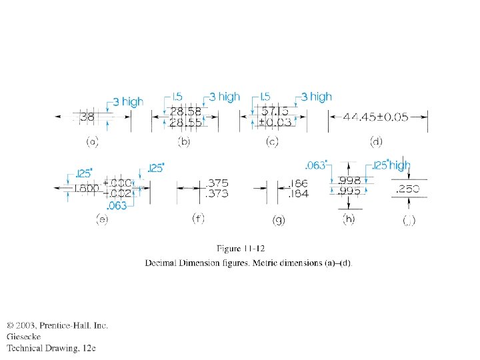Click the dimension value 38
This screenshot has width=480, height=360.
(87, 117)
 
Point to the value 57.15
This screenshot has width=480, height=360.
(275, 111)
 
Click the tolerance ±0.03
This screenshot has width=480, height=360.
(275, 123)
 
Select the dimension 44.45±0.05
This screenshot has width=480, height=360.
(375, 117)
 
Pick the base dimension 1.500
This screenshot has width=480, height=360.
(86, 189)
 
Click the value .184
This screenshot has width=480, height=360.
(298, 195)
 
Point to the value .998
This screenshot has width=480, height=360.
(351, 180)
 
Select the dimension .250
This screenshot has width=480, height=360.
(408, 189)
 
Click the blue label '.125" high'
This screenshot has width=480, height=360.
(391, 165)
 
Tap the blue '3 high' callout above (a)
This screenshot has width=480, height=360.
(128, 102)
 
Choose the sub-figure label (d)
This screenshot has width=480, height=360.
(377, 142)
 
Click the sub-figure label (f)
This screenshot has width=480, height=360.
(198, 219)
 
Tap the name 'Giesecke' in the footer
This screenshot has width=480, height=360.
(24, 337)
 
